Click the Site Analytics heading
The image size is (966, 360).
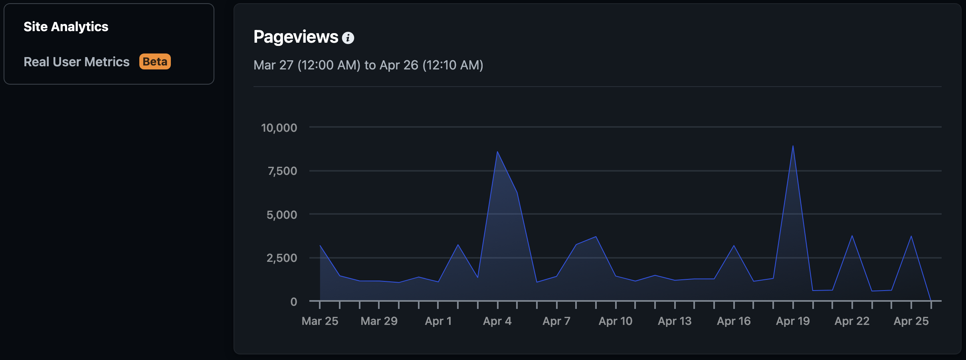coord(66,27)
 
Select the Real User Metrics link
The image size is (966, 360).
coord(76,62)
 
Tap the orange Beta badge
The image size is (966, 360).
coord(155,61)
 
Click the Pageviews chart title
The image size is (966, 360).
coord(296,37)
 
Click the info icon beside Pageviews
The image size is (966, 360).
coord(348,38)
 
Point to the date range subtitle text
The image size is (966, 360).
coord(368,65)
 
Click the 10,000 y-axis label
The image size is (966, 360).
coord(279,128)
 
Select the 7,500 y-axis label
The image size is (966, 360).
coord(282,171)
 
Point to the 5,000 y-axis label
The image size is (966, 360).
coord(282,215)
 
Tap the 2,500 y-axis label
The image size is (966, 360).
coord(282,258)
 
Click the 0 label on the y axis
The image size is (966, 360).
coord(294,302)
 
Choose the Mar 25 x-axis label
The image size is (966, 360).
coord(320,321)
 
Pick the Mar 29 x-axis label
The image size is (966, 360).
coord(379,321)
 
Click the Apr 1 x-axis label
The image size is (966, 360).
coord(438,321)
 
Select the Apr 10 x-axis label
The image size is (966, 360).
coord(616,321)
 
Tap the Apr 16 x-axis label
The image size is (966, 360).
coord(734,321)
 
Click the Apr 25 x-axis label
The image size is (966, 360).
coord(911,321)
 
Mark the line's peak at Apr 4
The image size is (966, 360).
coord(497,152)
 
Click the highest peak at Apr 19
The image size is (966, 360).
coord(793,146)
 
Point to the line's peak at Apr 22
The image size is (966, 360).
coord(852,236)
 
